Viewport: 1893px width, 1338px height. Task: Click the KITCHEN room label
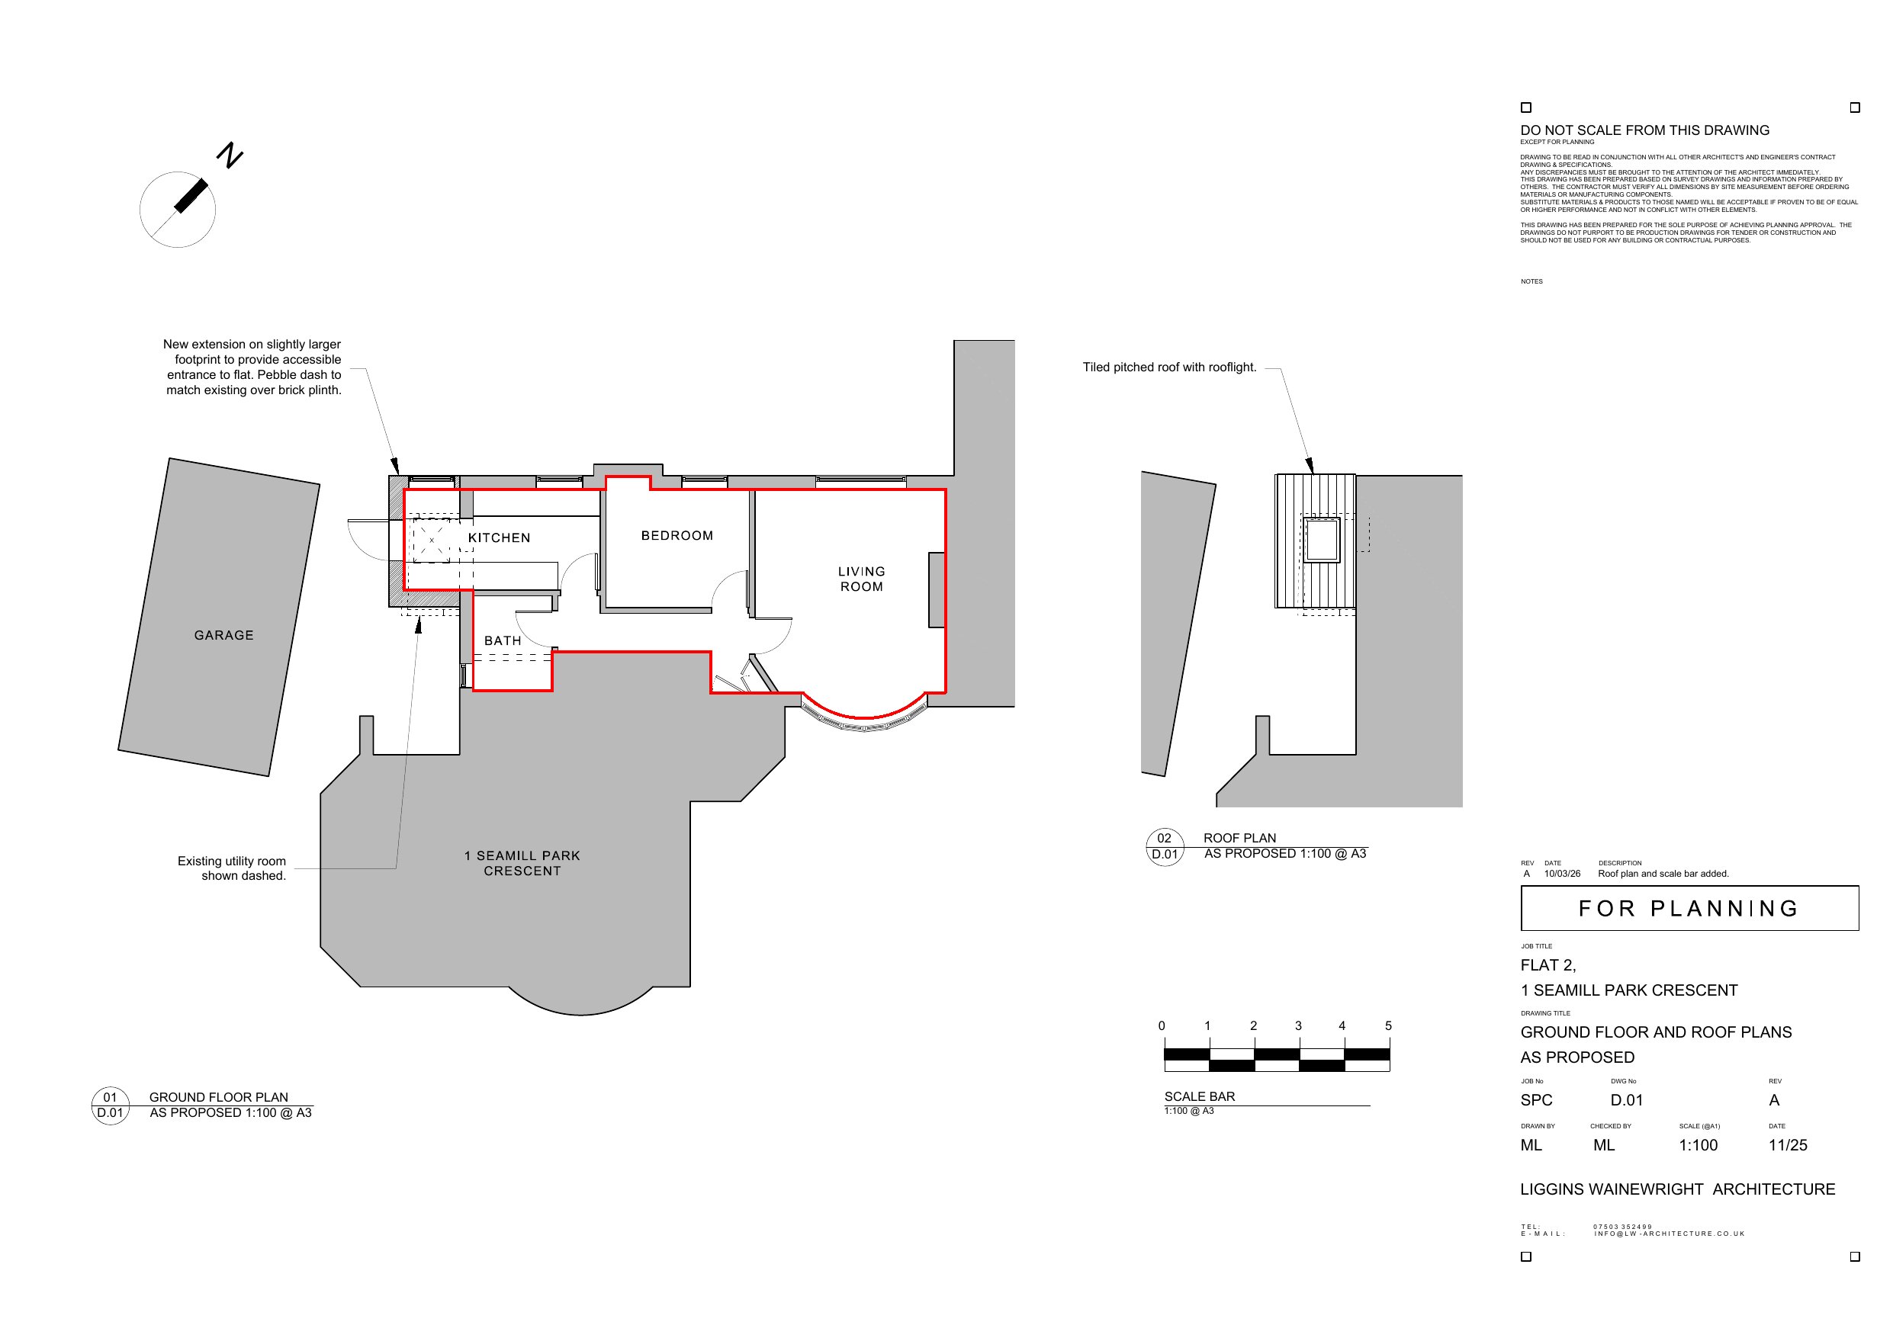pos(499,538)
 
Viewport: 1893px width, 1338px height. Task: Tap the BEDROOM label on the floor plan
pos(677,536)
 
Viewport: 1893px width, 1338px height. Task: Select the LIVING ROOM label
pos(862,579)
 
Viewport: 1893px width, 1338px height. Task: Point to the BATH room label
pos(502,640)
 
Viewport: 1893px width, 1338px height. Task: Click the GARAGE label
pos(223,635)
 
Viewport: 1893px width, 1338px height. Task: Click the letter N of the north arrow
pos(230,155)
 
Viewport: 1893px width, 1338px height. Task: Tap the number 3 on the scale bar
pos(1299,1025)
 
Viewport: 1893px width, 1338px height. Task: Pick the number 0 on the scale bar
pos(1162,1025)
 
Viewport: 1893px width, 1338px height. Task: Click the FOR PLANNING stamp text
pos(1688,909)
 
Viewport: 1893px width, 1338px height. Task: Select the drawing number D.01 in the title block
pos(1627,1099)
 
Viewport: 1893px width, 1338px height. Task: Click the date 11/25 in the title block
pos(1788,1145)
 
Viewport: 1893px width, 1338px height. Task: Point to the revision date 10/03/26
pos(1563,874)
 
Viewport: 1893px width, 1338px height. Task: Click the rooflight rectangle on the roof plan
pos(1322,540)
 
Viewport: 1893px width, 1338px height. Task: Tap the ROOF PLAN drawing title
pos(1239,838)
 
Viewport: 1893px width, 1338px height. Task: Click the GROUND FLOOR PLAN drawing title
pos(218,1097)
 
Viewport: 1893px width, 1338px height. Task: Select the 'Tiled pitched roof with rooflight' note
pos(1169,367)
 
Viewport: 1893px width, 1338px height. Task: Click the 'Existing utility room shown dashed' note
pos(232,868)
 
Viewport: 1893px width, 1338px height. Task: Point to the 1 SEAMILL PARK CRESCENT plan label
pos(522,863)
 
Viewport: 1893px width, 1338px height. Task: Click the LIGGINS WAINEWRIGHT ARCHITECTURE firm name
pos(1678,1189)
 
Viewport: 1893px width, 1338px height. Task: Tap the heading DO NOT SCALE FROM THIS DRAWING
pos(1645,130)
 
